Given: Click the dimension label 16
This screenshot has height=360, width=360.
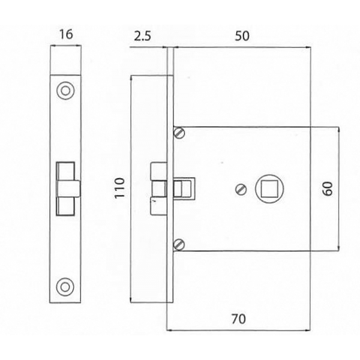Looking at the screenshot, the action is [66, 35].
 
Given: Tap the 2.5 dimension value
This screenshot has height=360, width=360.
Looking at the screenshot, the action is [142, 36].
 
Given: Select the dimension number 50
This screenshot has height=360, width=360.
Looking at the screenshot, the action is [242, 36].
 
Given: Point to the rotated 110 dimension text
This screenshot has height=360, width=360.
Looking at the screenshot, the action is [119, 188].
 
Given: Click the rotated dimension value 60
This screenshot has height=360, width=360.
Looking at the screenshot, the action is [328, 188].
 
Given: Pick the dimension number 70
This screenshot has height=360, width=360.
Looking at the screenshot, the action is [238, 319].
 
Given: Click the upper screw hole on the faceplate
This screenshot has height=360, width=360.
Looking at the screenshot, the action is [65, 91].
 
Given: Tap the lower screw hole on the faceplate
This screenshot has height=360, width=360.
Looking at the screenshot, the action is [65, 287].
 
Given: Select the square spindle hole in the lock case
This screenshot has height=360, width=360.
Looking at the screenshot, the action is [269, 188].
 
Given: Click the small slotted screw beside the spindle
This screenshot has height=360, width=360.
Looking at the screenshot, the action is [241, 190].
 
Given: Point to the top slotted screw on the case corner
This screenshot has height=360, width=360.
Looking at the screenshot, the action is [179, 133].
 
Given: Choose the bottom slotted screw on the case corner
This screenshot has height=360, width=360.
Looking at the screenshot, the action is [179, 245].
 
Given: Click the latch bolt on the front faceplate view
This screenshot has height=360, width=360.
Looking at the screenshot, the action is [68, 189].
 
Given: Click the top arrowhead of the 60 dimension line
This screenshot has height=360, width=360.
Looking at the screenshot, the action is [339, 130].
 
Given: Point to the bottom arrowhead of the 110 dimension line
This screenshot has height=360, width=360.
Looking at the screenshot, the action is [130, 299].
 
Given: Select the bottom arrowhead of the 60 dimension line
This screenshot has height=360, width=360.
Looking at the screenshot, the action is [339, 248].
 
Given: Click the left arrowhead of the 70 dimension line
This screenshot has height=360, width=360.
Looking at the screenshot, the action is [170, 331].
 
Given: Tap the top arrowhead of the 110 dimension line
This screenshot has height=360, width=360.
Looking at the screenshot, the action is [130, 79].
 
